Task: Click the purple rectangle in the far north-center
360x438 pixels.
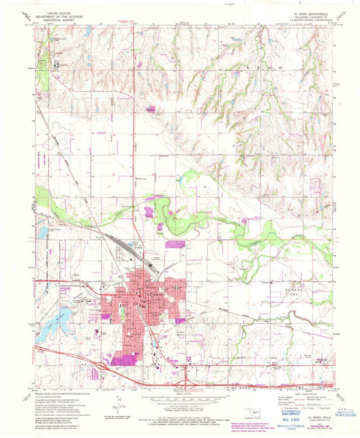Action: [152, 109]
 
